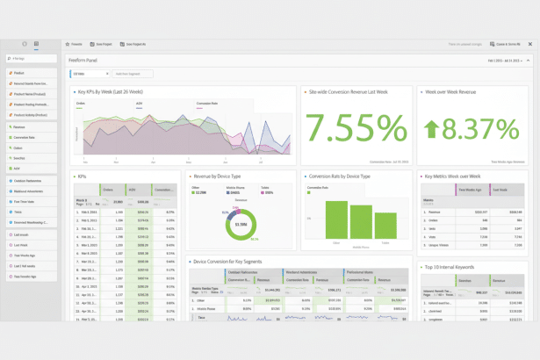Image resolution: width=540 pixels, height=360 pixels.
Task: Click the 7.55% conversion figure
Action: (356, 129)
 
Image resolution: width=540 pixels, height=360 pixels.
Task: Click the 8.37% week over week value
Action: (480, 130)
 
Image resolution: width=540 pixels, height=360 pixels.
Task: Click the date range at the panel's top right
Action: (504, 61)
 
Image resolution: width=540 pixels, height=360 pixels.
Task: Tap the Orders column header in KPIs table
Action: (108, 189)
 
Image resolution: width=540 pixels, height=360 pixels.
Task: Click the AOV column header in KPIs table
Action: (133, 189)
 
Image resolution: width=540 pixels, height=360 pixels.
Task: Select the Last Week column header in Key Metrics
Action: (502, 189)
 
